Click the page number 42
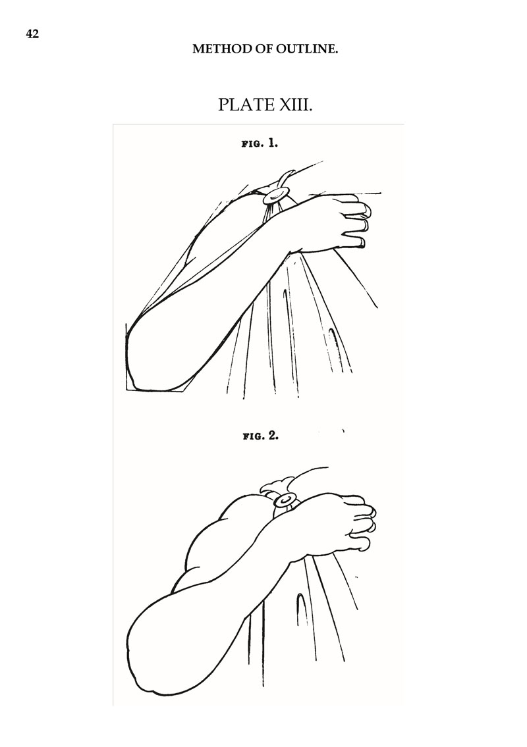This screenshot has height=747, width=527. pos(32,34)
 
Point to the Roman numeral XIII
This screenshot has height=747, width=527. pos(295,105)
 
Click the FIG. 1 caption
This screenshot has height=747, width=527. pos(260,143)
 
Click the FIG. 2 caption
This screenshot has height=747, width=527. pos(260,436)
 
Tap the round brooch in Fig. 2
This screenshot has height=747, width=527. pos(286,500)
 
